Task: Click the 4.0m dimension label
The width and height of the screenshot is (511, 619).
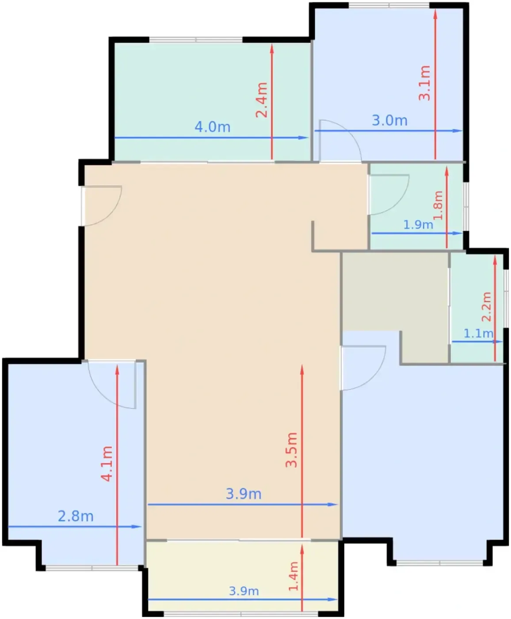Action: coord(212,127)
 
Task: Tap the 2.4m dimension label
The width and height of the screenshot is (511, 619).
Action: coord(262,100)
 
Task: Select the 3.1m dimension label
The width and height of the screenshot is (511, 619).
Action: coord(424,83)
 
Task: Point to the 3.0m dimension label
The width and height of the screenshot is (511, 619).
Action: coord(389,121)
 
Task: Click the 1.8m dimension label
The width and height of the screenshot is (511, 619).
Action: coord(438,206)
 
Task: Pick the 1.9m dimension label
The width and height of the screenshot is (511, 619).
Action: coord(418,225)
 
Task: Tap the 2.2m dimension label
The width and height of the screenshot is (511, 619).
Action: coord(487,307)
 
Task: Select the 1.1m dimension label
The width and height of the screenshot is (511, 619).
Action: coord(478,334)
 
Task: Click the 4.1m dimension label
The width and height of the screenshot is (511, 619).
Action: coord(107,464)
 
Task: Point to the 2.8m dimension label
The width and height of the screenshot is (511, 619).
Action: coord(76,516)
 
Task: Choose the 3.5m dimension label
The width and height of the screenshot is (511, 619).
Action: coord(291,450)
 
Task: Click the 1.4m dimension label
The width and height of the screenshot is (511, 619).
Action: coord(294,577)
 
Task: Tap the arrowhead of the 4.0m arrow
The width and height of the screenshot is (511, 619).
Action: coord(304,138)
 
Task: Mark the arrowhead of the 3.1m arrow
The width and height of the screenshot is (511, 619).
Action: coord(435,14)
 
